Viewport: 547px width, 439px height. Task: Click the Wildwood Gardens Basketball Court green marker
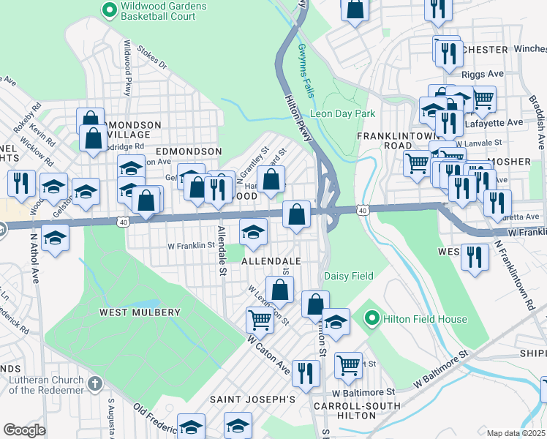pyautogui.click(x=110, y=10)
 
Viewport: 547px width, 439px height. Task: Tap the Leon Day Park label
pyautogui.click(x=342, y=113)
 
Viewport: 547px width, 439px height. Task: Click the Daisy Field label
pyautogui.click(x=349, y=276)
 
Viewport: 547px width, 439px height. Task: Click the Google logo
pyautogui.click(x=24, y=430)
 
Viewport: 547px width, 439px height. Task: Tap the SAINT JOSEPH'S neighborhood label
pyautogui.click(x=252, y=399)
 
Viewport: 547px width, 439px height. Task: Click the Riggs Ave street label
pyautogui.click(x=483, y=74)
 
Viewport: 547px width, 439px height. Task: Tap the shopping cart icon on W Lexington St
pyautogui.click(x=260, y=320)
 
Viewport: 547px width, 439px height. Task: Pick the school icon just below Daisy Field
pyautogui.click(x=336, y=322)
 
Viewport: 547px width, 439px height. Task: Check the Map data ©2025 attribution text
pyautogui.click(x=516, y=433)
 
